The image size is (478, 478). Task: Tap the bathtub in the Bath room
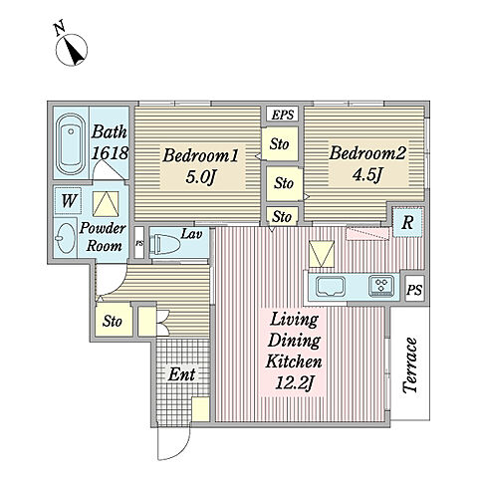71,144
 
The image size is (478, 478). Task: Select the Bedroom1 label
200,155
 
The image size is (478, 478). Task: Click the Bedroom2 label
367,153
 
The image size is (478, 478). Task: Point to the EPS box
283,115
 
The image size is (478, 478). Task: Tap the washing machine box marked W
69,201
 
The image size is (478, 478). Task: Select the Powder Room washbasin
66,238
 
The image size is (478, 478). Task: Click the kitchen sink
331,287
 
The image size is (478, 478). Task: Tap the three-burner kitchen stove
382,287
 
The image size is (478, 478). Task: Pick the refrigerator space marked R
407,222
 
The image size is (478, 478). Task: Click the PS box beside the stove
414,290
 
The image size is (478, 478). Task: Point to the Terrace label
410,365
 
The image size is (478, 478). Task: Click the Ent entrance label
181,374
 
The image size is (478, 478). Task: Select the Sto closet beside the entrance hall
114,321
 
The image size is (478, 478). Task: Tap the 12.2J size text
294,383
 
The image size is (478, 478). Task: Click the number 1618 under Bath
110,153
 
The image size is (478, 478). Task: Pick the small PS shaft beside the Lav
139,243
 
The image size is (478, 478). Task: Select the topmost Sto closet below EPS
279,144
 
